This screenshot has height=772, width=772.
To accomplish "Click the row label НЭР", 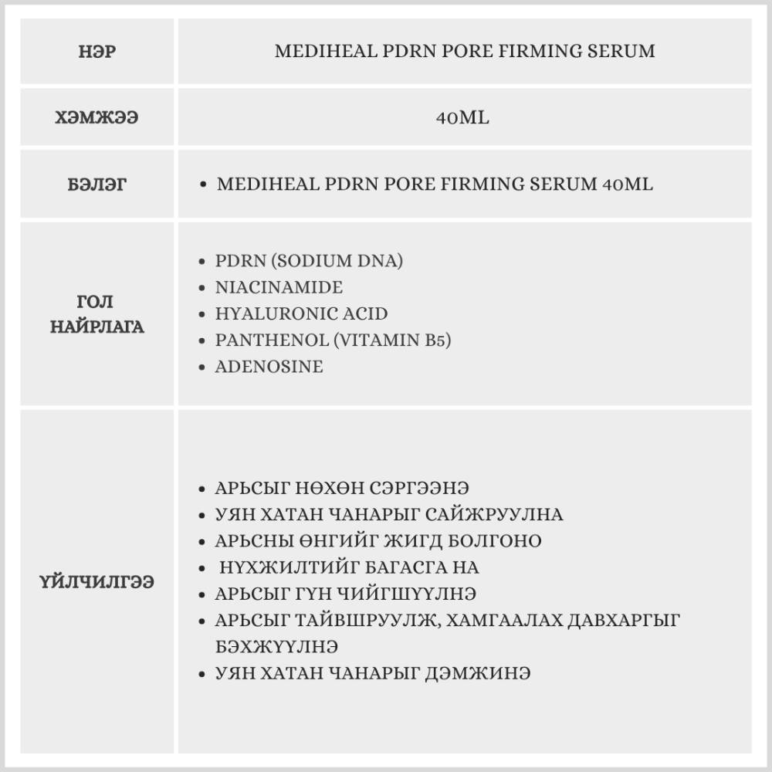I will (97, 52).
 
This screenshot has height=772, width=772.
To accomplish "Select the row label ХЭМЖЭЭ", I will (97, 119).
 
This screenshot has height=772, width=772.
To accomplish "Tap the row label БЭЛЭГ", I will (97, 185).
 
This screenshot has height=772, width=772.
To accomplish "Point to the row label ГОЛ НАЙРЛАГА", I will (97, 314).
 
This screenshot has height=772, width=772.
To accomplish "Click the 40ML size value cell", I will (463, 119).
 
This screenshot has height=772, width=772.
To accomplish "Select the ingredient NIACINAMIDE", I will (279, 287).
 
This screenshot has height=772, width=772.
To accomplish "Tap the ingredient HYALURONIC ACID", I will (301, 314).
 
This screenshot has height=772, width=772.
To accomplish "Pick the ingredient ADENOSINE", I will (269, 367).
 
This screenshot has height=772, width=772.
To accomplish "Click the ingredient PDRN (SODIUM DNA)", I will (309, 261).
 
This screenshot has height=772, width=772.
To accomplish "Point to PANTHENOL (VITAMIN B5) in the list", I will (333, 340).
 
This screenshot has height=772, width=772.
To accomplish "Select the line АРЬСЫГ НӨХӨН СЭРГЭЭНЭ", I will (342, 489).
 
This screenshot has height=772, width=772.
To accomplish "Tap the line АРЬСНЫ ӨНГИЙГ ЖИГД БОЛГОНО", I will (378, 540).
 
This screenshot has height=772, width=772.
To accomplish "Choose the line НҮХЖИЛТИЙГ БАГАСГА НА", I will (349, 567).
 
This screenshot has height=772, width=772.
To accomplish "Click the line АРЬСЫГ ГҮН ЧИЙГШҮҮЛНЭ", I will (345, 594).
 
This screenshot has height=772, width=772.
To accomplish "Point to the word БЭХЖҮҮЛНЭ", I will (276, 646).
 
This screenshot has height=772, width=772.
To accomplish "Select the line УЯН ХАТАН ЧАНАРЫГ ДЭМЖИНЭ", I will (372, 673).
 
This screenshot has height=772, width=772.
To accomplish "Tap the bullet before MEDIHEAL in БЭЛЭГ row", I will (202, 186).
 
